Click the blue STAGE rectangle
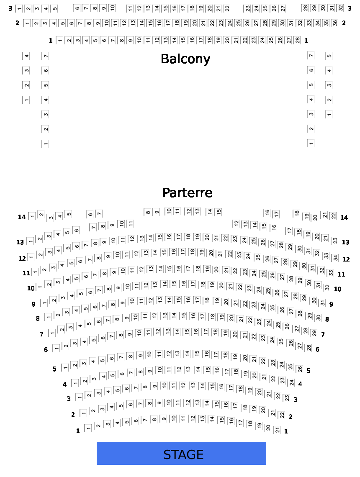[181, 453]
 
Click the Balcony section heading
[185, 59]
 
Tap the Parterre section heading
[187, 192]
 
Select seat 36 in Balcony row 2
[335, 23]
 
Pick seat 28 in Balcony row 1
[297, 40]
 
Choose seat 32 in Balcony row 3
[340, 8]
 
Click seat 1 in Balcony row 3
[19, 8]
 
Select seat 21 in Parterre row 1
[277, 430]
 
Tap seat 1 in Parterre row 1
[88, 428]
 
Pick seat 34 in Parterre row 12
[335, 258]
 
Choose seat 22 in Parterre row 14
[333, 216]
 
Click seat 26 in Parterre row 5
[300, 369]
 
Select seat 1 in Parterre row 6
[56, 348]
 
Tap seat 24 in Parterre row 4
[291, 382]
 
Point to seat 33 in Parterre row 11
[330, 272]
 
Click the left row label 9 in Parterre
[33, 304]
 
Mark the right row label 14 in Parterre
[344, 218]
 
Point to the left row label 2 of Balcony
[17, 23]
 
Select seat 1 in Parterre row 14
[32, 216]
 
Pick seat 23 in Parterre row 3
[287, 397]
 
